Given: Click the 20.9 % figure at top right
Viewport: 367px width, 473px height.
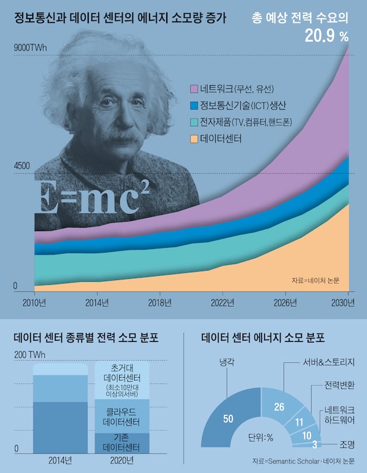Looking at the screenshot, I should point(326,36).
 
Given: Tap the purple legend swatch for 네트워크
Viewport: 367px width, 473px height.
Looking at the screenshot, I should point(194,89).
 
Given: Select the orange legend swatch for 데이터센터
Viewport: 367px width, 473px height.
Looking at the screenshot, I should point(194,139).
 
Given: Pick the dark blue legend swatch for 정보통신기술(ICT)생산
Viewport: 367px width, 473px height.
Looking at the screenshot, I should point(194,105).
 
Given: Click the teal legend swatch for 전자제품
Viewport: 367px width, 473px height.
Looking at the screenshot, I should point(194,123).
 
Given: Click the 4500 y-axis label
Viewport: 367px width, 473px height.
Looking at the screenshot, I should point(23,167).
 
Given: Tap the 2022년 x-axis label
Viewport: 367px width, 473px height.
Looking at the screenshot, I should point(223,302).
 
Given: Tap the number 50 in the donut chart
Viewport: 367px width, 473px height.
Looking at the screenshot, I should point(228,419).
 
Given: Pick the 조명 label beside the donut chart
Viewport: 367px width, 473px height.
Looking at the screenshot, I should point(348,444).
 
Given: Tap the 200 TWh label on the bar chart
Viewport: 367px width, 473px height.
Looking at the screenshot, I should point(29,355).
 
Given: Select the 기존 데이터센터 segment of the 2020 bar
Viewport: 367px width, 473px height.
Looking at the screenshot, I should point(122,442).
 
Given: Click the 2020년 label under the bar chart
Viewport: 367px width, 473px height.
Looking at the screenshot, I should point(122,460).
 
